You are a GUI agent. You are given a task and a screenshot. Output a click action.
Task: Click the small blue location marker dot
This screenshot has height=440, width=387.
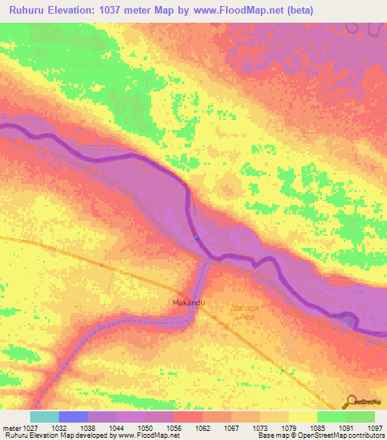point(197,237)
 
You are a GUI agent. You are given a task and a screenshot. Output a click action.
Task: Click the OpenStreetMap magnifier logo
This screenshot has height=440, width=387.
point(350,401)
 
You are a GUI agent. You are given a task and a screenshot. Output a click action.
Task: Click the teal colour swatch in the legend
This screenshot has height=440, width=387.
point(45,417)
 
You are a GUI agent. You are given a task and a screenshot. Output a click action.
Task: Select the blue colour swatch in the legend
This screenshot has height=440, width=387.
point(73,417)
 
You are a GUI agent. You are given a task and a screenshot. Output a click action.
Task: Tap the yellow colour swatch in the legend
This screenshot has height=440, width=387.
point(302,417)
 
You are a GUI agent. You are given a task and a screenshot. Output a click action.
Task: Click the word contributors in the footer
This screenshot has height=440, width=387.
point(366,436)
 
